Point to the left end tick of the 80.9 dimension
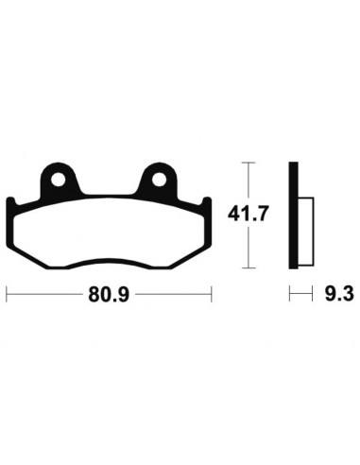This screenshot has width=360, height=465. pyautogui.click(x=8, y=295)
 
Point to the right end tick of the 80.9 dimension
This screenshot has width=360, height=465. pyautogui.click(x=213, y=295)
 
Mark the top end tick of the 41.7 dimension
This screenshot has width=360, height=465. pyautogui.click(x=248, y=164)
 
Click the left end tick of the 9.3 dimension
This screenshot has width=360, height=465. pyautogui.click(x=289, y=295)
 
